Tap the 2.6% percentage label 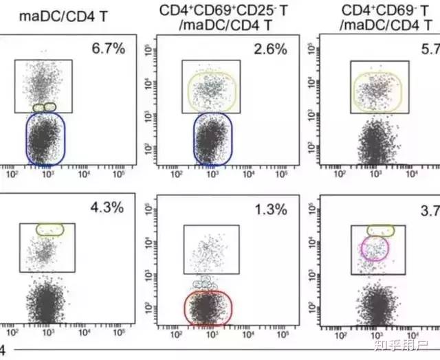point(269,48)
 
